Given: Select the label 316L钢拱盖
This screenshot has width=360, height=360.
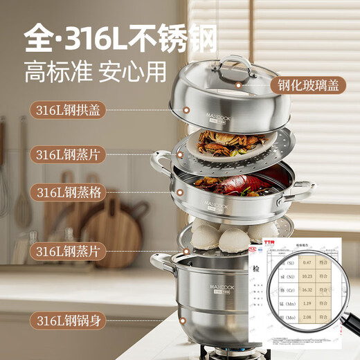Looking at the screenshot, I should (x=69, y=109).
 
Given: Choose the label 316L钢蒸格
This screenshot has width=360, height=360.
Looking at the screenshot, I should (x=69, y=192).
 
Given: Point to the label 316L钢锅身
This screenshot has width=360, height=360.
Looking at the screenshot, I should (x=69, y=319).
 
